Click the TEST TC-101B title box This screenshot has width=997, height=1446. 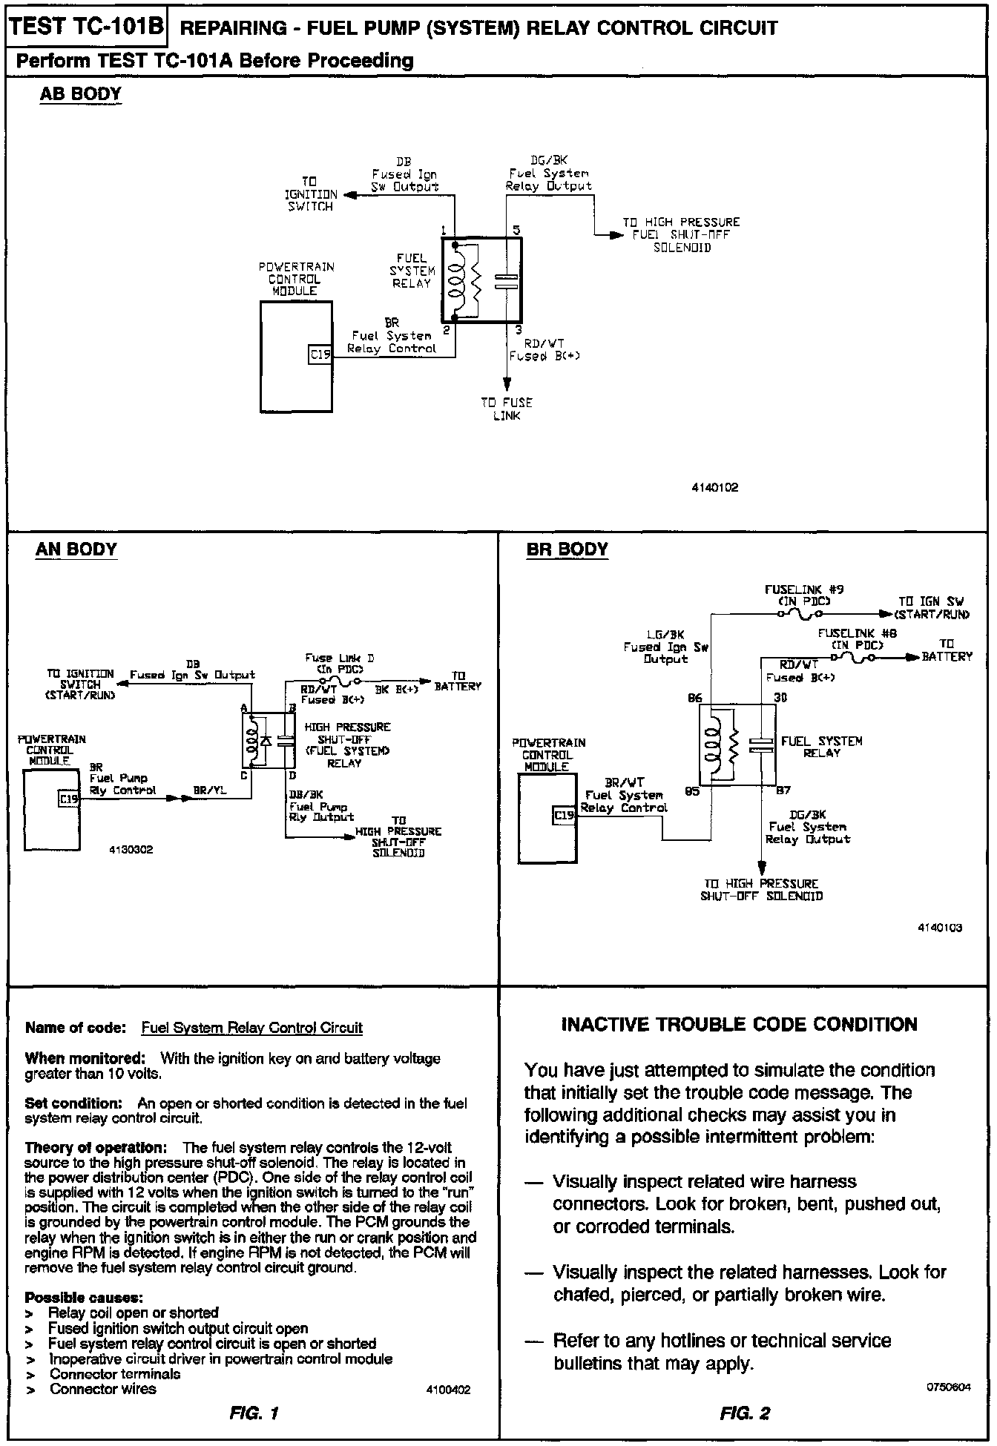[x=87, y=27]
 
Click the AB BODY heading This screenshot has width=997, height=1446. [x=80, y=94]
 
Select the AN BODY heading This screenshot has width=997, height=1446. [x=76, y=549]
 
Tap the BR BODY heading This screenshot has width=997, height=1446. [x=567, y=549]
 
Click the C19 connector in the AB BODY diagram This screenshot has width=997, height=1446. [x=320, y=355]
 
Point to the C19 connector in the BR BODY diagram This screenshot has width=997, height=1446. [x=565, y=816]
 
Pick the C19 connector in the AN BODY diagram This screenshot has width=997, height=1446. [x=69, y=799]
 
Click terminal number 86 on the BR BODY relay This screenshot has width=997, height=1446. [x=694, y=698]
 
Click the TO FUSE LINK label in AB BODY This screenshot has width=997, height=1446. [x=507, y=409]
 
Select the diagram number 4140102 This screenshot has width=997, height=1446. [x=716, y=488]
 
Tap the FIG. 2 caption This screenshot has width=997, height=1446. [x=745, y=1413]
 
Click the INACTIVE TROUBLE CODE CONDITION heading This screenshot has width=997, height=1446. [x=739, y=1024]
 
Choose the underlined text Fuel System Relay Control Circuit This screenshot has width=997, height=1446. [x=252, y=1028]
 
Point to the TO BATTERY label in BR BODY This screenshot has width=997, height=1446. [x=947, y=650]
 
